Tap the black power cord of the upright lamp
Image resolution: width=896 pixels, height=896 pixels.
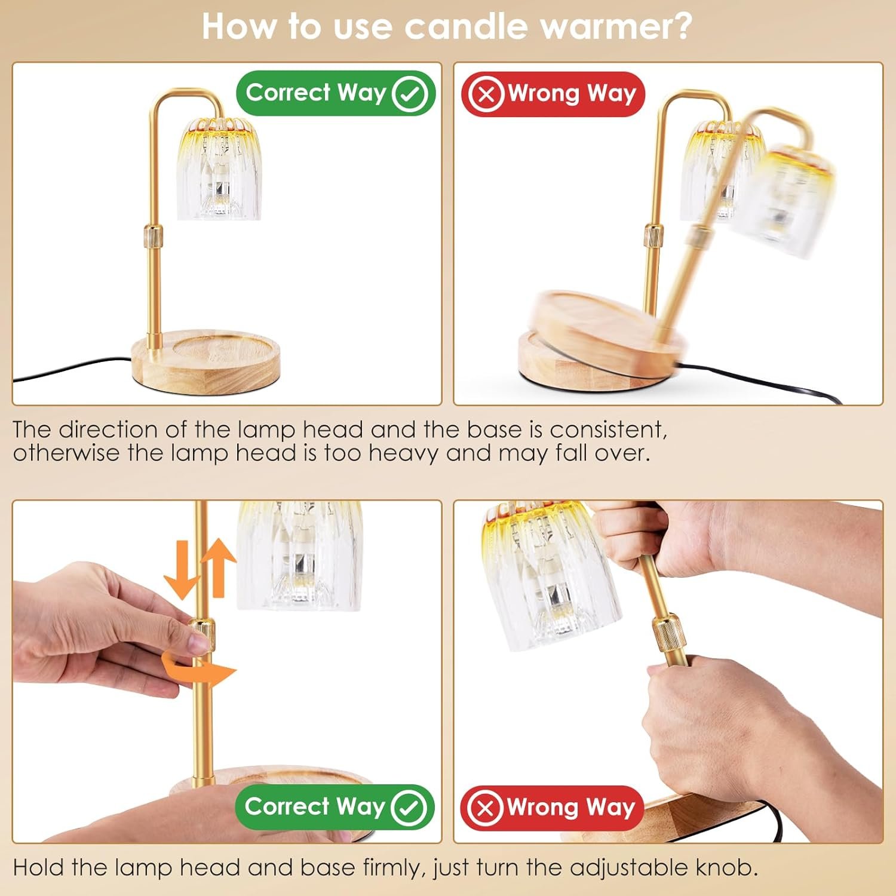click(72, 369)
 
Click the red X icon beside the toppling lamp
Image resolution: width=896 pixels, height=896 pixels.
click(486, 94)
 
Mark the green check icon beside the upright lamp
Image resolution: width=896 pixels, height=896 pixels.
click(409, 93)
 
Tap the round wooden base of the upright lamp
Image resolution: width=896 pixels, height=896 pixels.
click(206, 361)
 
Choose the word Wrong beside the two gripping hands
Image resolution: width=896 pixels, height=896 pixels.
click(542, 808)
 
